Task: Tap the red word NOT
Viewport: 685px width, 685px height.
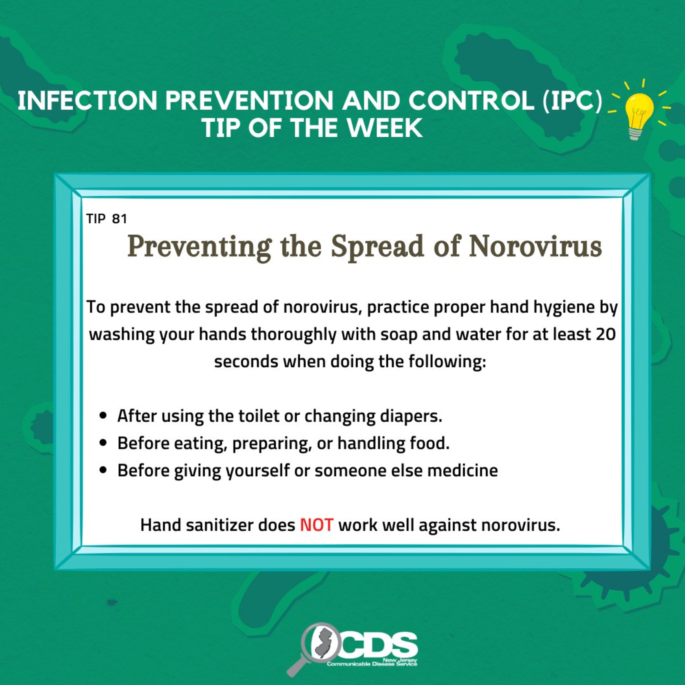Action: [317, 525]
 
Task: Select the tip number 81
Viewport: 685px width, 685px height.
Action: [119, 219]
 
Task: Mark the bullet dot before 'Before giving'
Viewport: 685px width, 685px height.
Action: [104, 470]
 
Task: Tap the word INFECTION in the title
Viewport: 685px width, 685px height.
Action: [87, 101]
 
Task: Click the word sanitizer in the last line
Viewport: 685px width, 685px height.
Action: [219, 525]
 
